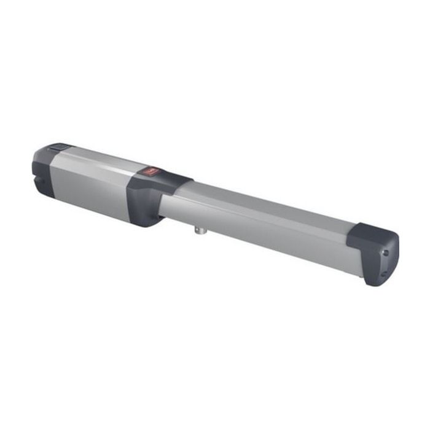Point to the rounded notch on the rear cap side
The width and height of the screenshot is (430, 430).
click(41, 182)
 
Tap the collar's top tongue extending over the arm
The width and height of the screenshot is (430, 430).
click(178, 181)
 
